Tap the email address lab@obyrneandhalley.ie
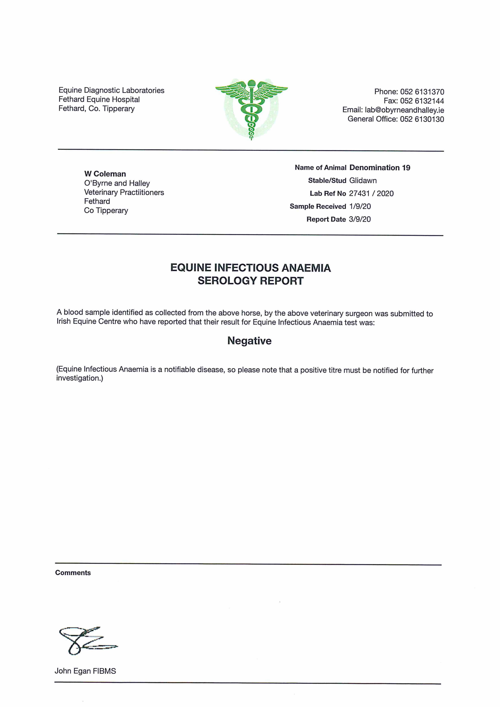404,110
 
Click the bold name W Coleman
105,174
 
